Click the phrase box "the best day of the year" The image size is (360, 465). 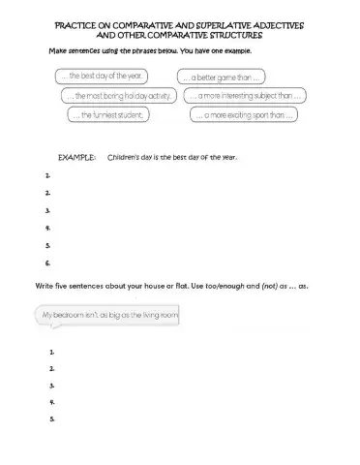coord(101,75)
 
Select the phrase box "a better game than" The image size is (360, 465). coord(224,77)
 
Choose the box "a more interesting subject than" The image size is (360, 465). coord(246,96)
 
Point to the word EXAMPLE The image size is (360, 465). coord(77,156)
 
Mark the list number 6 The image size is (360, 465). coord(47,263)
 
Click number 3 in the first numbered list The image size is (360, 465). coord(47,210)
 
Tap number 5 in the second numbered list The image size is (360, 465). coord(49,419)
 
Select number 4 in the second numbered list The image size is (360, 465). coord(49,402)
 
